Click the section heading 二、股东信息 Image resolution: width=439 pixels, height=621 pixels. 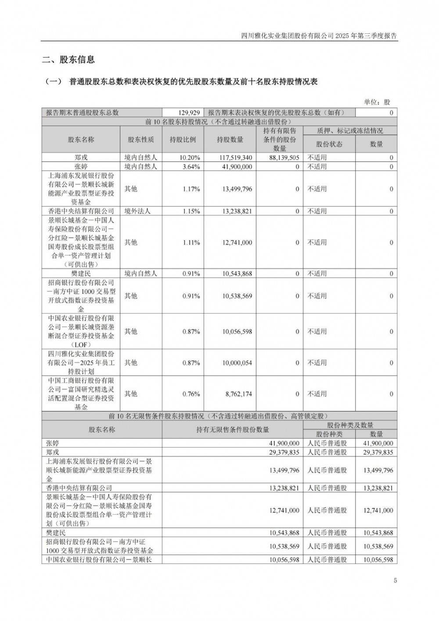pyautogui.click(x=68, y=60)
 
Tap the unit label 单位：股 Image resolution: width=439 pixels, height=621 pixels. pyautogui.click(x=377, y=102)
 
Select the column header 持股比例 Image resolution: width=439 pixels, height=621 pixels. pyautogui.click(x=183, y=140)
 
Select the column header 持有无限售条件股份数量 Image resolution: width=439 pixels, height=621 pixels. pyautogui.click(x=232, y=430)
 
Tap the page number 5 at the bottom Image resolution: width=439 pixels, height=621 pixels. pyautogui.click(x=395, y=581)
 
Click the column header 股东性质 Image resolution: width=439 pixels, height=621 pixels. pyautogui.click(x=141, y=140)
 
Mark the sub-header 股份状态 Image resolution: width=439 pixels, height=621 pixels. pyautogui.click(x=329, y=144)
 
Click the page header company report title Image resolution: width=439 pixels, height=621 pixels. pyautogui.click(x=319, y=36)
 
